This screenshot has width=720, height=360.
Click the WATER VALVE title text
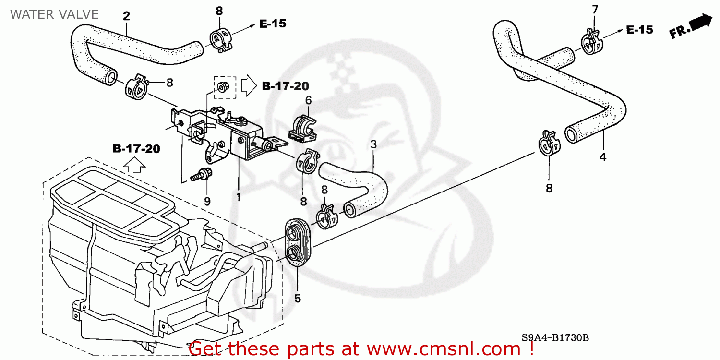click(54, 14)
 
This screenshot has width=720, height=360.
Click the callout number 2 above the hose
click(126, 16)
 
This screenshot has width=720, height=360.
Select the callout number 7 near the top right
click(595, 9)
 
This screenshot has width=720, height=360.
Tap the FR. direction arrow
click(691, 27)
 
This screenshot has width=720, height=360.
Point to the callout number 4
click(602, 157)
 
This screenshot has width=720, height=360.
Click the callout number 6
click(308, 100)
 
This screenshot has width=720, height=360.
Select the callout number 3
click(373, 144)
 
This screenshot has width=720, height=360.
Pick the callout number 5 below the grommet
click(298, 299)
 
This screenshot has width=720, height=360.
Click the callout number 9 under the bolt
click(207, 202)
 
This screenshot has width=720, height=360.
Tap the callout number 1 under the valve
click(238, 197)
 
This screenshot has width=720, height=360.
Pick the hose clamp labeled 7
click(590, 42)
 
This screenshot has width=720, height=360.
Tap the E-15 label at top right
click(639, 30)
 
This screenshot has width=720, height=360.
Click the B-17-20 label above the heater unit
click(136, 149)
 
